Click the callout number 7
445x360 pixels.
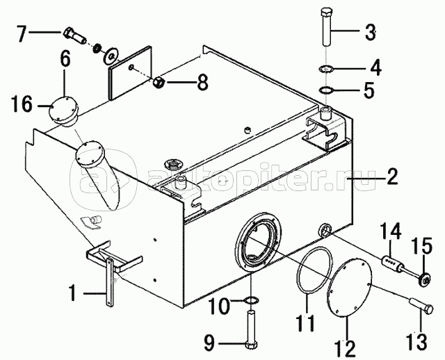[22, 33]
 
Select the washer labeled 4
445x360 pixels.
[326, 69]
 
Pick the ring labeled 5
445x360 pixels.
[327, 90]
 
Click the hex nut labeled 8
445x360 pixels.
[158, 82]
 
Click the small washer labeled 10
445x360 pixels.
[251, 300]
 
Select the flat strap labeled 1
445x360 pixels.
[110, 283]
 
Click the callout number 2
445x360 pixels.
[390, 177]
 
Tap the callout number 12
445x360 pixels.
[346, 348]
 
